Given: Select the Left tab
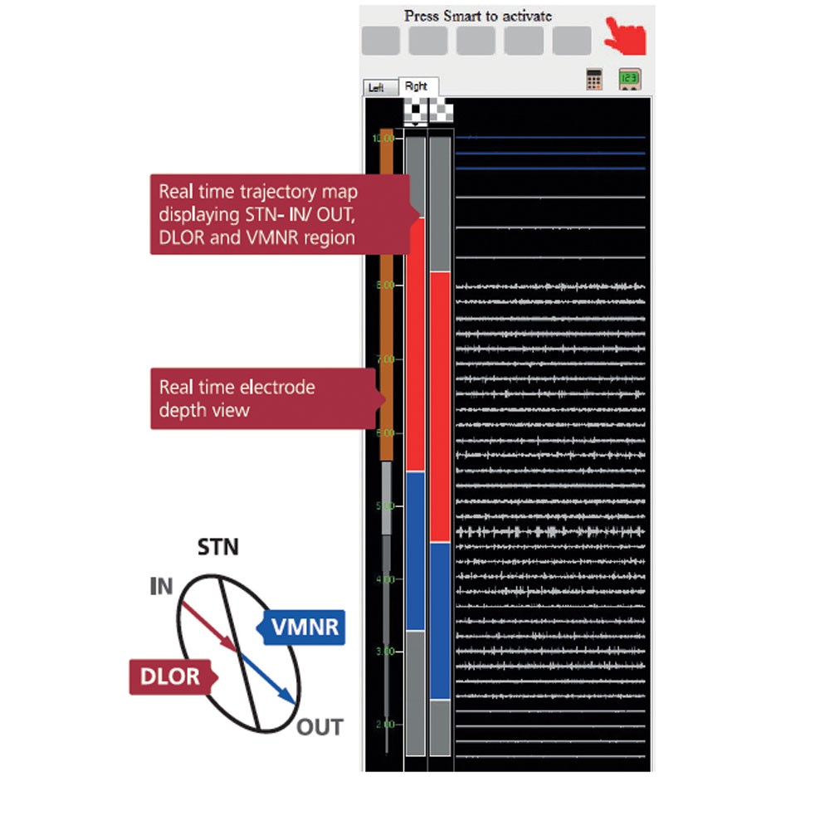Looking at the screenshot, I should tap(377, 88).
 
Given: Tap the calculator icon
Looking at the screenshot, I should tap(594, 80).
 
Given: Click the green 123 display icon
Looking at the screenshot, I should tap(628, 80).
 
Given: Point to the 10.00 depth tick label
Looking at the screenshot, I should tap(383, 138).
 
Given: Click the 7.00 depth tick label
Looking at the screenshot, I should tap(384, 359).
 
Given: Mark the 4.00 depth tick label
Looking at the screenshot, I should tap(384, 579).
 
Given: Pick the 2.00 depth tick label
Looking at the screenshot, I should tap(384, 725).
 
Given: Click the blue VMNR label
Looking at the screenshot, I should tap(305, 627).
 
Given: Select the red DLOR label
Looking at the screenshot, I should tap(169, 676).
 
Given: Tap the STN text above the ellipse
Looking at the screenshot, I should tap(217, 548).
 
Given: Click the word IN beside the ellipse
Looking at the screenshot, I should tap(161, 588).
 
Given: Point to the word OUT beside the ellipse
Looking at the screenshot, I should tap(320, 728).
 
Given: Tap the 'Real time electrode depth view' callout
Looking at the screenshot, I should tap(261, 398).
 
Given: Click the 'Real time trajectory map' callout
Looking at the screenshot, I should tap(278, 214).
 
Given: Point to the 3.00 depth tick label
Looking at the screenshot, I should tap(384, 652).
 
